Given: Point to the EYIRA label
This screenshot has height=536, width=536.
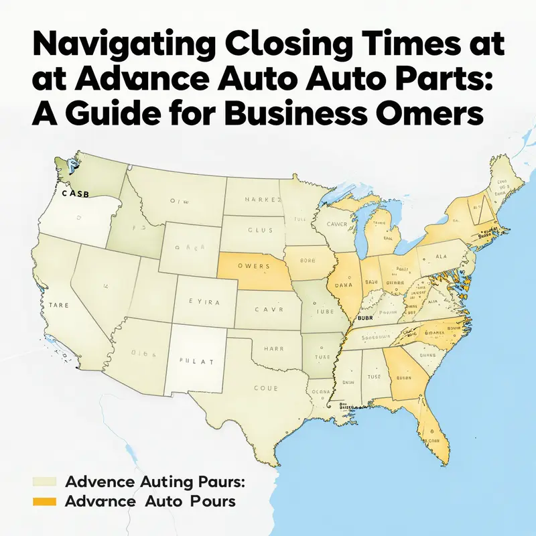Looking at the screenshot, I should (204, 302).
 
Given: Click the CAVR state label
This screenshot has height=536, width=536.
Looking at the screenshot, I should (269, 310).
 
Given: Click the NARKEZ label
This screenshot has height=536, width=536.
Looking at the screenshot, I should (255, 199).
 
